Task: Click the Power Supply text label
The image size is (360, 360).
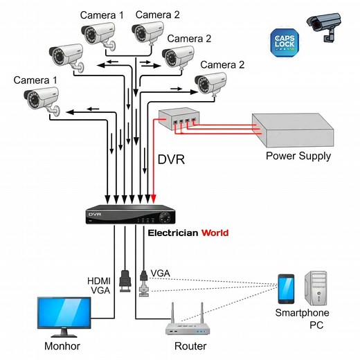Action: pos(298,156)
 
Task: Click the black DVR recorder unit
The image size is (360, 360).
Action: pos(129,215)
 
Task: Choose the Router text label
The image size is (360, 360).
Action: pos(190,345)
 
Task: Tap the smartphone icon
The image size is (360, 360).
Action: pos(285,289)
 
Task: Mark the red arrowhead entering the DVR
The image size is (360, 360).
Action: pos(154,201)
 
